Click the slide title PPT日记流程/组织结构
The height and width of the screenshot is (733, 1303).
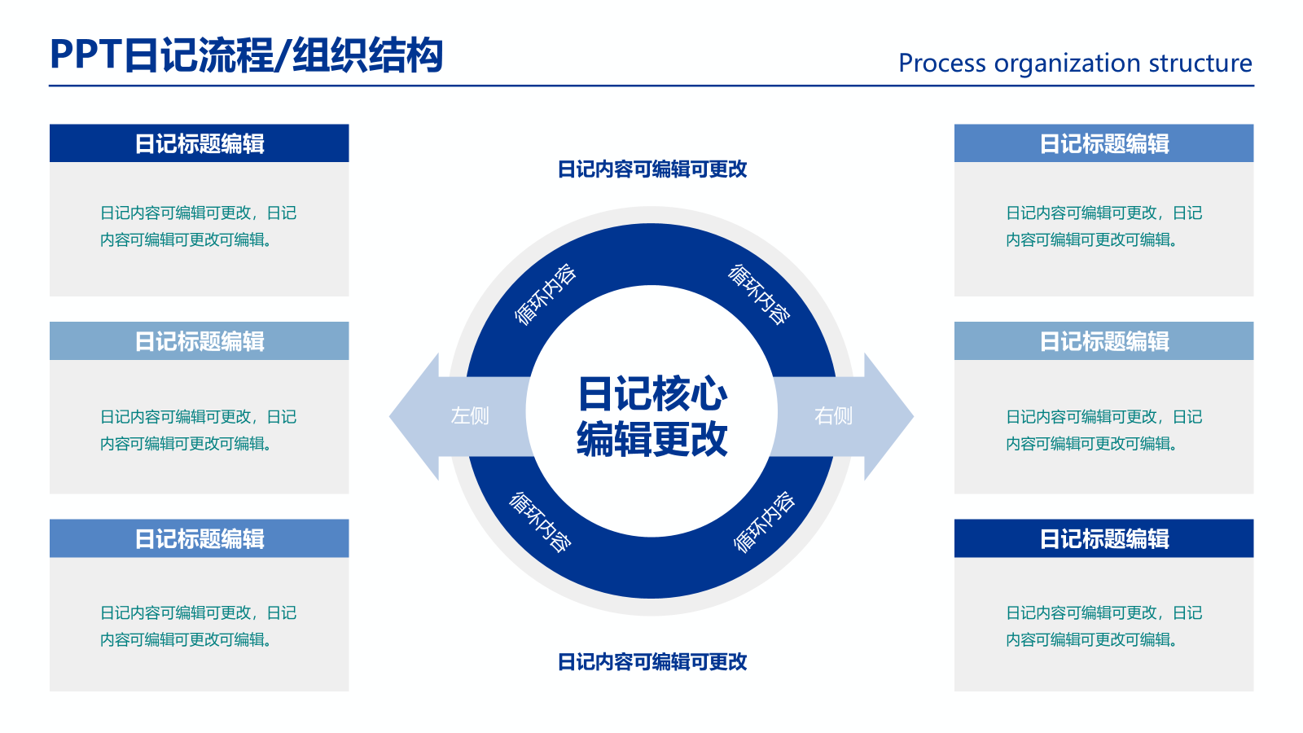(x=247, y=55)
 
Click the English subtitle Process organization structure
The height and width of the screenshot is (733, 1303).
(x=1075, y=63)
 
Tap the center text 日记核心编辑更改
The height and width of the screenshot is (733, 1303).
(x=651, y=416)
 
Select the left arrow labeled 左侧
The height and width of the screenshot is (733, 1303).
(x=459, y=416)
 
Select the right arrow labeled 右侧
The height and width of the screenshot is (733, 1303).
(x=844, y=416)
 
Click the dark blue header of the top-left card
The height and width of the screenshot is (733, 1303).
(x=199, y=143)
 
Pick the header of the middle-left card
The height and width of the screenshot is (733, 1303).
(x=199, y=341)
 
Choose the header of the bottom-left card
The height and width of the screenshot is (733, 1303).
(x=199, y=538)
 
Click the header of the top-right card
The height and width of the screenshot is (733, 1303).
(x=1104, y=143)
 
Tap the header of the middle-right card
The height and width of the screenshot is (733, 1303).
(x=1104, y=341)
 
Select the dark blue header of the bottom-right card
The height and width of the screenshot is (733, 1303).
(x=1104, y=538)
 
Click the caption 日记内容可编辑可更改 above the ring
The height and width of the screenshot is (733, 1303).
(x=652, y=169)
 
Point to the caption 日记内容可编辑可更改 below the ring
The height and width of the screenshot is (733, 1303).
(x=652, y=661)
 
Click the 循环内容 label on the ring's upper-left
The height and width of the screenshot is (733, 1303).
(x=545, y=294)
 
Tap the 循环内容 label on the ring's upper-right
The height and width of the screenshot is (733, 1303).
(x=759, y=294)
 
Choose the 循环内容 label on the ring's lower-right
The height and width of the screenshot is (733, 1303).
(x=764, y=522)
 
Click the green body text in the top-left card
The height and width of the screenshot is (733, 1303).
(x=199, y=226)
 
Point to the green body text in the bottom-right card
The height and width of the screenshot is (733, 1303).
(x=1104, y=626)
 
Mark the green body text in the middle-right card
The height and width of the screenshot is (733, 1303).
(x=1104, y=430)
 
